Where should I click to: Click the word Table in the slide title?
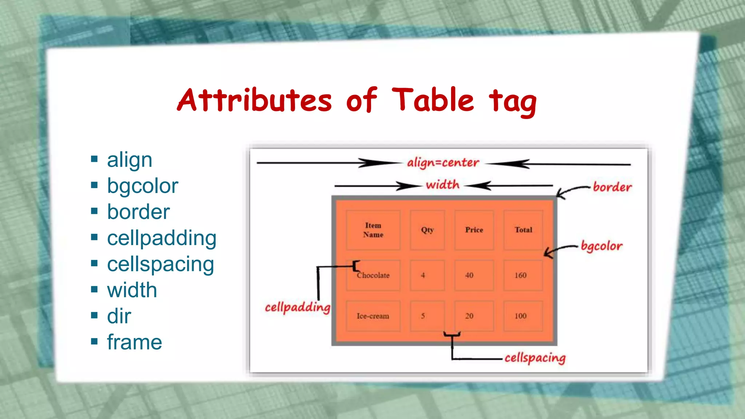tap(433, 100)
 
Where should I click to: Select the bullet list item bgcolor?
tap(143, 186)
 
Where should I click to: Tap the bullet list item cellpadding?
tap(162, 238)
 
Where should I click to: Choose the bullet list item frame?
tap(134, 342)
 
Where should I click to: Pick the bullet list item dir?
tap(119, 316)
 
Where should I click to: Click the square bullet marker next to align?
tap(95, 159)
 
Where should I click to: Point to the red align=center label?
tap(443, 163)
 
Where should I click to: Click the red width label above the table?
tap(442, 185)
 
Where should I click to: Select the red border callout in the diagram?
tap(612, 187)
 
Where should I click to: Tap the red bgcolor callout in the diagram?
tap(602, 246)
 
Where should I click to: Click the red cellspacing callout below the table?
tap(535, 358)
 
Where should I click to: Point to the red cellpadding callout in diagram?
tap(298, 307)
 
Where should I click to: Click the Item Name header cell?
tap(373, 230)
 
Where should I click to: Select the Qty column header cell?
tap(427, 230)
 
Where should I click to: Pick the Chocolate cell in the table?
tap(373, 275)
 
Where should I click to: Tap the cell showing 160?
tap(521, 275)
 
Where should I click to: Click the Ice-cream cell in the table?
tap(373, 316)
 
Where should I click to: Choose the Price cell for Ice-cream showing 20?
tap(469, 316)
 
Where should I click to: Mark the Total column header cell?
tap(523, 230)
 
